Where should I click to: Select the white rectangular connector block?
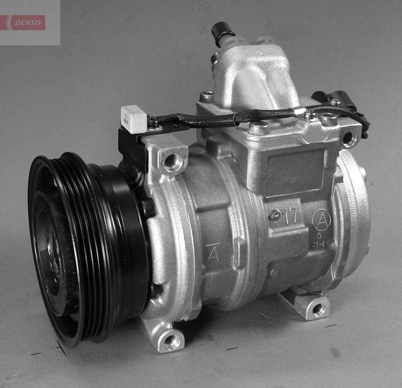pos(133,119)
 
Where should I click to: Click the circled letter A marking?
pos(322,219)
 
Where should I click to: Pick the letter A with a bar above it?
pos(213,254)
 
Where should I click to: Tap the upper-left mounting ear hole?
pos(173,161)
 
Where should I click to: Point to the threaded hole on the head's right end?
pos(349,139)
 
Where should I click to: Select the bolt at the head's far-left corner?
pos(206,97)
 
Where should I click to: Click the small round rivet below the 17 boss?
pos(274,272)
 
